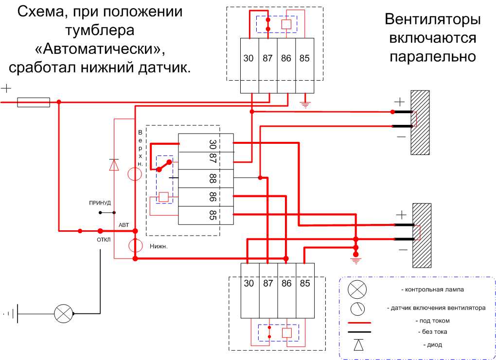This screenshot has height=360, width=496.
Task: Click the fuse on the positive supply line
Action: (34, 102)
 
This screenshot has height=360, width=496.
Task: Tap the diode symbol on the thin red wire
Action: (114, 165)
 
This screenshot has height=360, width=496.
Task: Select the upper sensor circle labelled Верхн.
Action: (134, 174)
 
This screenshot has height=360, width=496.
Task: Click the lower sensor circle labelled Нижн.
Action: (135, 245)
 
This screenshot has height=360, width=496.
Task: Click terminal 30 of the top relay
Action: (249, 58)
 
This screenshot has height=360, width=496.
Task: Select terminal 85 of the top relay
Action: (304, 58)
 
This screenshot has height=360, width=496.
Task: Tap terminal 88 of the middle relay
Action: (213, 178)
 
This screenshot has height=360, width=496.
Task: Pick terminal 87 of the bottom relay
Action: (268, 283)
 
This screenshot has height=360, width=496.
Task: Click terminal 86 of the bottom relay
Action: (286, 283)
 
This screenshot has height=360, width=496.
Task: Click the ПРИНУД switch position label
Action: (100, 203)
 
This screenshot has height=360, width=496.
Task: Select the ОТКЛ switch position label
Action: (104, 240)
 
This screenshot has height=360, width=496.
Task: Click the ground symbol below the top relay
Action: (305, 104)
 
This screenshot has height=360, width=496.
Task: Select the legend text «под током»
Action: (433, 321)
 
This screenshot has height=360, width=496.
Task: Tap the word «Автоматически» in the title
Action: (100, 49)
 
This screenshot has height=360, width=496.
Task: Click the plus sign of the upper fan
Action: (399, 102)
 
